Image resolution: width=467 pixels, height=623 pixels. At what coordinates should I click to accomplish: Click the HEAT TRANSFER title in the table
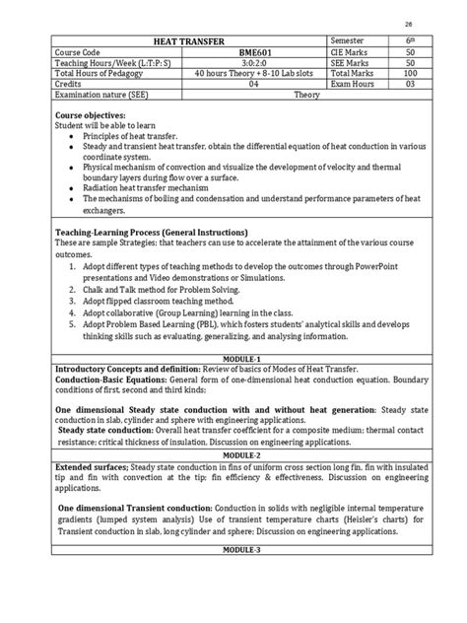pos(187,37)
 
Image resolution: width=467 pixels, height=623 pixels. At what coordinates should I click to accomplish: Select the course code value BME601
pos(252,50)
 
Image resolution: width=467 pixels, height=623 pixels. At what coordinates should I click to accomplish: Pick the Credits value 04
pos(252,86)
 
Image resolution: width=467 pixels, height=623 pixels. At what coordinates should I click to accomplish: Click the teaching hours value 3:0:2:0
pos(252,62)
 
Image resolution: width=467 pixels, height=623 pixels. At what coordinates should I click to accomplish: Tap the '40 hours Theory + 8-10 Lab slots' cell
pos(252,74)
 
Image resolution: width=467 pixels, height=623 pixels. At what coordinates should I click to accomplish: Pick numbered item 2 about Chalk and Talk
pos(163,291)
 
